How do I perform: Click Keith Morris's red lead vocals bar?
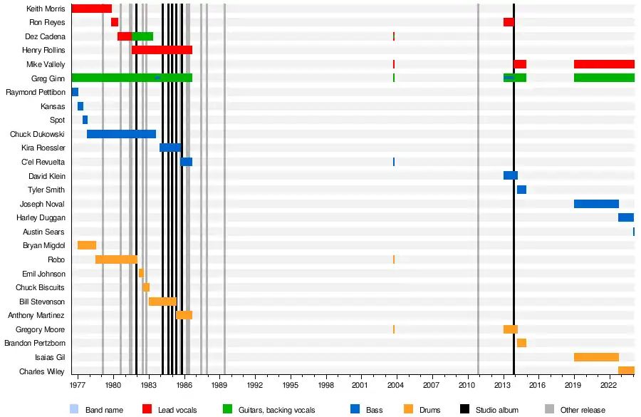91,9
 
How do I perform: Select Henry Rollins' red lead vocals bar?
162,50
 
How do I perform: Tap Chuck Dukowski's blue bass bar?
121,134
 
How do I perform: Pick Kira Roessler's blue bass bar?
170,148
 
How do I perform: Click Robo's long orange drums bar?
116,259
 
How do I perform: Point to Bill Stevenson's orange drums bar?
162,302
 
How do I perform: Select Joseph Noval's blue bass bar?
596,204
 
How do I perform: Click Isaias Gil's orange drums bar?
596,357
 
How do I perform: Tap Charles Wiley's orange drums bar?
626,371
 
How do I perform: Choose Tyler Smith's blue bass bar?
521,190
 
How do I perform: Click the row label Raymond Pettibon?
36,93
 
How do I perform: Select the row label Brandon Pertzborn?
35,344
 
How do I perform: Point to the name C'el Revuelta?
43,163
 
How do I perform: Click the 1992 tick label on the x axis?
255,385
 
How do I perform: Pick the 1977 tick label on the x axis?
78,385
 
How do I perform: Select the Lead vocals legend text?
177,410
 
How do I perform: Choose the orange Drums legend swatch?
408,409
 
